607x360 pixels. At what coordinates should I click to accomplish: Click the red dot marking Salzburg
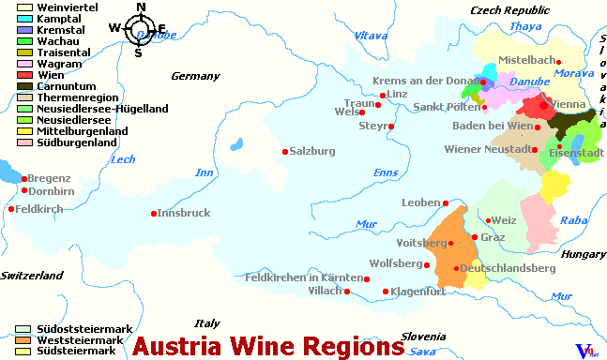[x=285, y=151]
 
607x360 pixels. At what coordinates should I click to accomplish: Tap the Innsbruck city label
[x=185, y=213]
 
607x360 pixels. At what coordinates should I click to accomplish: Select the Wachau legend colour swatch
[x=24, y=41]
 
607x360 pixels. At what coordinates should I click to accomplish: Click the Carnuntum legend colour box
[x=24, y=86]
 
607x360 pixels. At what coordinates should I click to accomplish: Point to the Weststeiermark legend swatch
[x=24, y=340]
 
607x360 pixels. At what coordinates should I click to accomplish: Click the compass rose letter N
[x=141, y=7]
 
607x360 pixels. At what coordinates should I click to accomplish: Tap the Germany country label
[x=194, y=76]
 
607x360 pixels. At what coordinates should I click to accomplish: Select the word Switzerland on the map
[x=31, y=275]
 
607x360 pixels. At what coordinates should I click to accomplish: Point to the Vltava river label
[x=372, y=36]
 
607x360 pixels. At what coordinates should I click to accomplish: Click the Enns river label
[x=386, y=173]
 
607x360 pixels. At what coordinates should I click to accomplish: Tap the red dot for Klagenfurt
[x=385, y=292]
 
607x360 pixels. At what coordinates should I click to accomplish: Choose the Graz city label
[x=493, y=237]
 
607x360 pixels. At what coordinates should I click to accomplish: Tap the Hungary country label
[x=584, y=254]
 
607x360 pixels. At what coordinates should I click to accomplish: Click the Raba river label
[x=573, y=220]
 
